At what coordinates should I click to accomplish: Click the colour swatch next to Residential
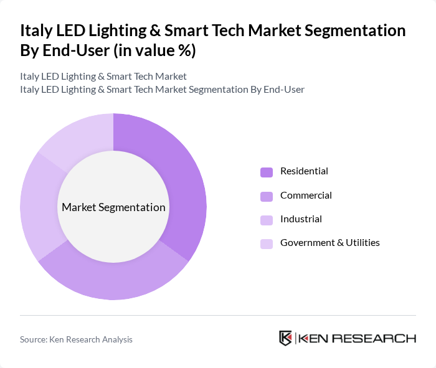pos(266,172)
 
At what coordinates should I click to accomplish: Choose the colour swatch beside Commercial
pos(266,196)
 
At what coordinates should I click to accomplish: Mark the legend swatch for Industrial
pos(266,220)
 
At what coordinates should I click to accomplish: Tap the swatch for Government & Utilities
pos(266,243)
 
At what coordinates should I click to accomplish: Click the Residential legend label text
pos(304,171)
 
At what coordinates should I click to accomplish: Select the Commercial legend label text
pos(306,196)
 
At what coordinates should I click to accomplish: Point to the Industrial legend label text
pos(301,219)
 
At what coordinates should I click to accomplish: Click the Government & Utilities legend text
pos(329,243)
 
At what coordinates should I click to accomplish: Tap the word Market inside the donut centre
pos(79,207)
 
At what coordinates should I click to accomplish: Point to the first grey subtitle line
pos(103,77)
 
